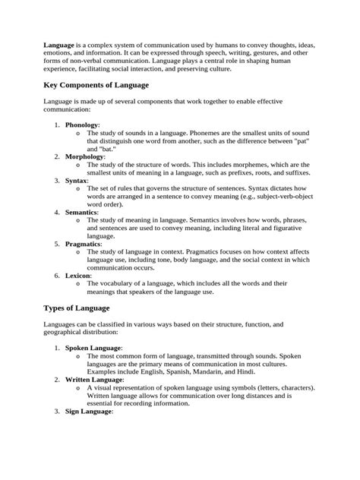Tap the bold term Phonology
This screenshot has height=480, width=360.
click(81, 125)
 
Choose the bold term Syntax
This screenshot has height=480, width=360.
click(76, 181)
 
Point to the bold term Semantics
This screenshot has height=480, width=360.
click(82, 213)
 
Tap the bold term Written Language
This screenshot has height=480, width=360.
click(93, 380)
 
